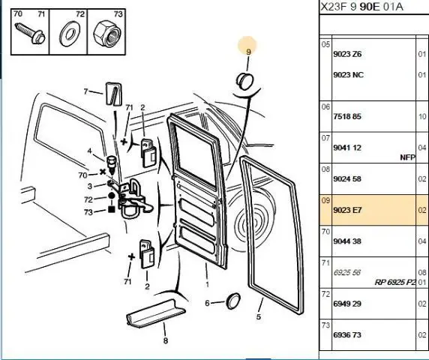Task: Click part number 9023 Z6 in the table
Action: pyautogui.click(x=347, y=54)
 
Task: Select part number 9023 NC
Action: pyautogui.click(x=348, y=75)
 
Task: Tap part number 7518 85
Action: pyautogui.click(x=347, y=116)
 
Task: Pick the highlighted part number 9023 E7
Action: pyautogui.click(x=347, y=210)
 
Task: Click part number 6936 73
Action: pyautogui.click(x=347, y=334)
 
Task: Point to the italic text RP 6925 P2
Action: pyautogui.click(x=395, y=282)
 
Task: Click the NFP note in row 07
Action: pyautogui.click(x=408, y=157)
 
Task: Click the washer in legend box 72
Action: pyautogui.click(x=68, y=34)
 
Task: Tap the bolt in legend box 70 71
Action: pyautogui.click(x=29, y=34)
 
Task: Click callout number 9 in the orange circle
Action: pyautogui.click(x=248, y=52)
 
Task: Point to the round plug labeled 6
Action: pyautogui.click(x=232, y=301)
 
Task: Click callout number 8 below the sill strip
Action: pyautogui.click(x=165, y=340)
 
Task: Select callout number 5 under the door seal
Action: pyautogui.click(x=259, y=317)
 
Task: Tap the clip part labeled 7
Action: pyautogui.click(x=114, y=94)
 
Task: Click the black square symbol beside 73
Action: pyautogui.click(x=111, y=209)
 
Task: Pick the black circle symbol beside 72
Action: pyautogui.click(x=111, y=196)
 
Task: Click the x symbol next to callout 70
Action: pyautogui.click(x=103, y=172)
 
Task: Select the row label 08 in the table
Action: pyautogui.click(x=325, y=169)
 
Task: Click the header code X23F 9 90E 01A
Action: pyautogui.click(x=361, y=7)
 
